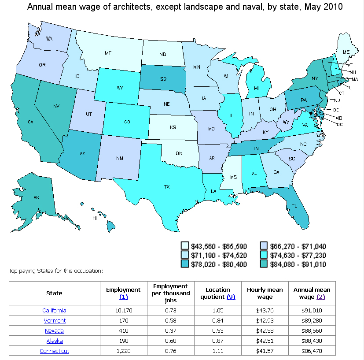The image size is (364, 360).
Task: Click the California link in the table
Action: [x=54, y=311]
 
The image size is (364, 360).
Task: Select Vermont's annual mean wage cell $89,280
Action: [x=312, y=321]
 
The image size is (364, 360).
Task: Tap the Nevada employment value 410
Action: [x=123, y=331]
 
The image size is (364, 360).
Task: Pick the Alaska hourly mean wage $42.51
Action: [x=265, y=341]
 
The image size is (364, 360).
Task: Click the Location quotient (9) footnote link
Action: [x=231, y=297]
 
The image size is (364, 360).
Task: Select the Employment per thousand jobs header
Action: [x=172, y=293]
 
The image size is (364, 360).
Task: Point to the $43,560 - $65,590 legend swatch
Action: [x=185, y=246]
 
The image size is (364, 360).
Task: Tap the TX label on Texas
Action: [x=167, y=187]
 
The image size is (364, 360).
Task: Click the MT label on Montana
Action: [x=108, y=53]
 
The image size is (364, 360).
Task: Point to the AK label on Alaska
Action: [x=36, y=198]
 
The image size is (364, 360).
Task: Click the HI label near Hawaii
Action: [x=94, y=218]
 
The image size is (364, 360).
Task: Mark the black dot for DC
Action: [x=311, y=113]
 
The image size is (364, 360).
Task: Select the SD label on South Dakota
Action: [x=164, y=79]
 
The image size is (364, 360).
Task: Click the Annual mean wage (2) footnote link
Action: [x=320, y=297]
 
